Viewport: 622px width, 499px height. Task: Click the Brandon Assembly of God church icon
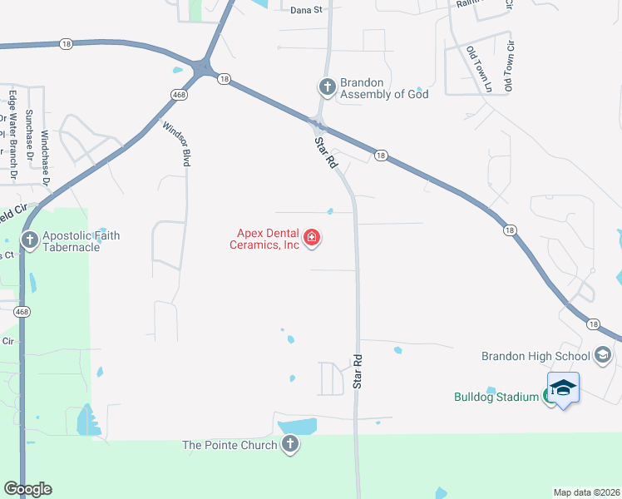pos(327,86)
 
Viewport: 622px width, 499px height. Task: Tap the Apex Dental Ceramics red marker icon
pos(312,239)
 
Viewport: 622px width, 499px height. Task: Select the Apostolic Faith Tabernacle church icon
pos(30,241)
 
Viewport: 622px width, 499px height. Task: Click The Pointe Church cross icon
pos(289,445)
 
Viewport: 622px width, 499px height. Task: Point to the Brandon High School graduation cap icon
pos(603,356)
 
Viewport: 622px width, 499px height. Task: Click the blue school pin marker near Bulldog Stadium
pos(563,388)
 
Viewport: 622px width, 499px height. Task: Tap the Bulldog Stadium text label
pos(496,397)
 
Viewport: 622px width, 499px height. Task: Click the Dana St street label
pos(306,10)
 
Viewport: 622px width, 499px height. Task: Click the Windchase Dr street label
pos(46,156)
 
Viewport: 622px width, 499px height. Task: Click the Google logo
pos(27,489)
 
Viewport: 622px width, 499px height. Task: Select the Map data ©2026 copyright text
pos(586,492)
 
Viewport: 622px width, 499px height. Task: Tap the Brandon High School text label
pos(536,356)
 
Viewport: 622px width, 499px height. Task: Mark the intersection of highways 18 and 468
pos(202,67)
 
